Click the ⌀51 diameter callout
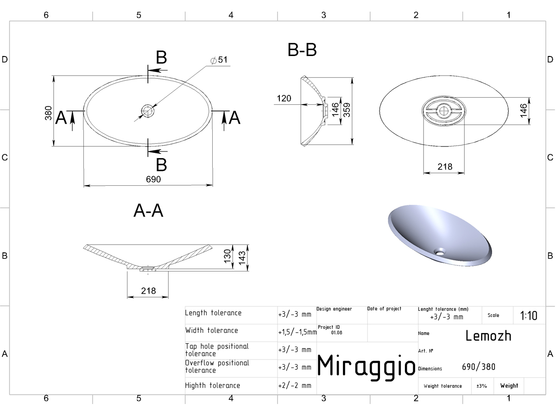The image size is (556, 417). (219, 60)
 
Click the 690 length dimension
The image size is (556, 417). (153, 179)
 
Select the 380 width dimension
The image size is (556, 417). (48, 113)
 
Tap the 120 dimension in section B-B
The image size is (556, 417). (284, 98)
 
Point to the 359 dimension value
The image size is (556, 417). (347, 110)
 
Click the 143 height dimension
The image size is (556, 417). (242, 258)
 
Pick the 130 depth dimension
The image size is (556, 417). (227, 256)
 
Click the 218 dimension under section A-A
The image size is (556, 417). (148, 291)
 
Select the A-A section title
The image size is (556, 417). (148, 211)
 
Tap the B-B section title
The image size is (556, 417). (302, 50)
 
